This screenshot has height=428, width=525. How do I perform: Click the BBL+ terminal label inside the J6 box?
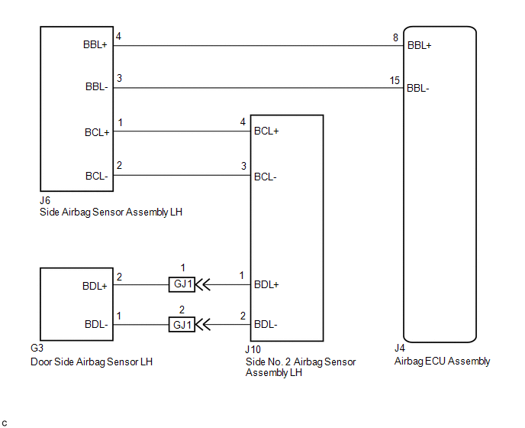[x=95, y=44]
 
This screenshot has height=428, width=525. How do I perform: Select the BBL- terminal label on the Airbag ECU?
[x=418, y=88]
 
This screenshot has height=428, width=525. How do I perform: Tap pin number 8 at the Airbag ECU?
[x=395, y=37]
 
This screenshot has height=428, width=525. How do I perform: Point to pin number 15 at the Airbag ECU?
[x=395, y=80]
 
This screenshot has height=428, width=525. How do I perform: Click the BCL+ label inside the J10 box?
[x=266, y=131]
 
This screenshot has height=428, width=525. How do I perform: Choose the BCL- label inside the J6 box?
[x=97, y=176]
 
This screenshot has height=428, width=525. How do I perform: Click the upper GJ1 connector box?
[x=182, y=284]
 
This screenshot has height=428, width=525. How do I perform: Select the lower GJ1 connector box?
[x=182, y=325]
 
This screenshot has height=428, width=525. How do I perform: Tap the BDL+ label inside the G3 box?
[x=95, y=286]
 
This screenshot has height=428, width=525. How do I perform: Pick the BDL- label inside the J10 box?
[x=266, y=324]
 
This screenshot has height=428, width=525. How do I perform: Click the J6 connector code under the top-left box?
[x=45, y=200]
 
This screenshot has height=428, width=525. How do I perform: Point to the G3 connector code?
[x=37, y=349]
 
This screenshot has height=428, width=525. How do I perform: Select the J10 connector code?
[x=253, y=350]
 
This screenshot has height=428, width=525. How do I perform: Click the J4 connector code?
[x=400, y=349]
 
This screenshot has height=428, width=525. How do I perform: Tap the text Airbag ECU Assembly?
[x=443, y=362]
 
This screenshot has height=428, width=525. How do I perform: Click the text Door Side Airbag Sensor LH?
[x=92, y=362]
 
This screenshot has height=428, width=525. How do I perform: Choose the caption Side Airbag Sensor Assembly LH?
[x=111, y=212]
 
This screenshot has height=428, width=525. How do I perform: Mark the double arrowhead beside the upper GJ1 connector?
[x=202, y=285]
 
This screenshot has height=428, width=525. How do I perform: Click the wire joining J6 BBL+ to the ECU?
[x=259, y=46]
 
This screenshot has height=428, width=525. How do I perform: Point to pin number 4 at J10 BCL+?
[x=243, y=122]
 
